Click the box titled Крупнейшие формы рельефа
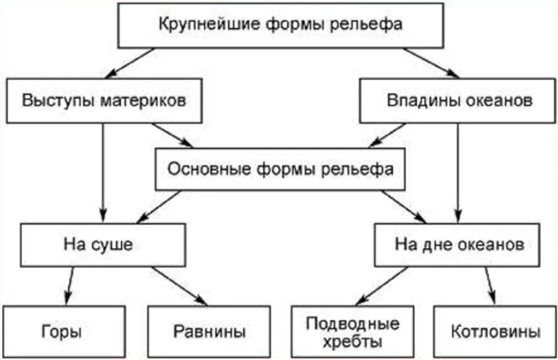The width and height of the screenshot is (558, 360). tap(280, 25)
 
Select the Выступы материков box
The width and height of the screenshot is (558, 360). tap(104, 101)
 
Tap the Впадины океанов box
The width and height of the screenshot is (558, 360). tap(458, 101)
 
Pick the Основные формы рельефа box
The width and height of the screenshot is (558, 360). tap(280, 169)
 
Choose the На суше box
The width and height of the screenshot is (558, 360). tap(103, 245)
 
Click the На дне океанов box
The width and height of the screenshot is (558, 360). tap(457, 245)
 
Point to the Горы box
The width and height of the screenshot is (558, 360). tap(64, 331)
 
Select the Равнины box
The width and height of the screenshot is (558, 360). tap(209, 331)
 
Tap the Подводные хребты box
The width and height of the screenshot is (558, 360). tap(352, 331)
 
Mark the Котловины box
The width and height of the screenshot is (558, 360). tap(495, 331)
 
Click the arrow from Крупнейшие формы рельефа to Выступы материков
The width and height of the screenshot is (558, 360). tap(130, 63)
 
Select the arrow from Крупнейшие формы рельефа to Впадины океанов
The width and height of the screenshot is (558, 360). tap(432, 63)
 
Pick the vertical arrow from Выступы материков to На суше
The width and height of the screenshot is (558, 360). tap(103, 173)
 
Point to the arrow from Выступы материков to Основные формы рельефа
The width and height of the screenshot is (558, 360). tap(172, 135)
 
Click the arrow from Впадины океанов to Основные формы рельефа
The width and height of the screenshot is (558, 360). tap(387, 135)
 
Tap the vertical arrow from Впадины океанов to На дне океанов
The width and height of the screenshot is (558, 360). tap(458, 173)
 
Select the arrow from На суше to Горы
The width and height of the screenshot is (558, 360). tap(70, 286)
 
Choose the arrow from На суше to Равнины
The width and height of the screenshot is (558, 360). tap(180, 286)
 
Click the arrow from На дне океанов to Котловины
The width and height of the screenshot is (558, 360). tap(490, 286)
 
